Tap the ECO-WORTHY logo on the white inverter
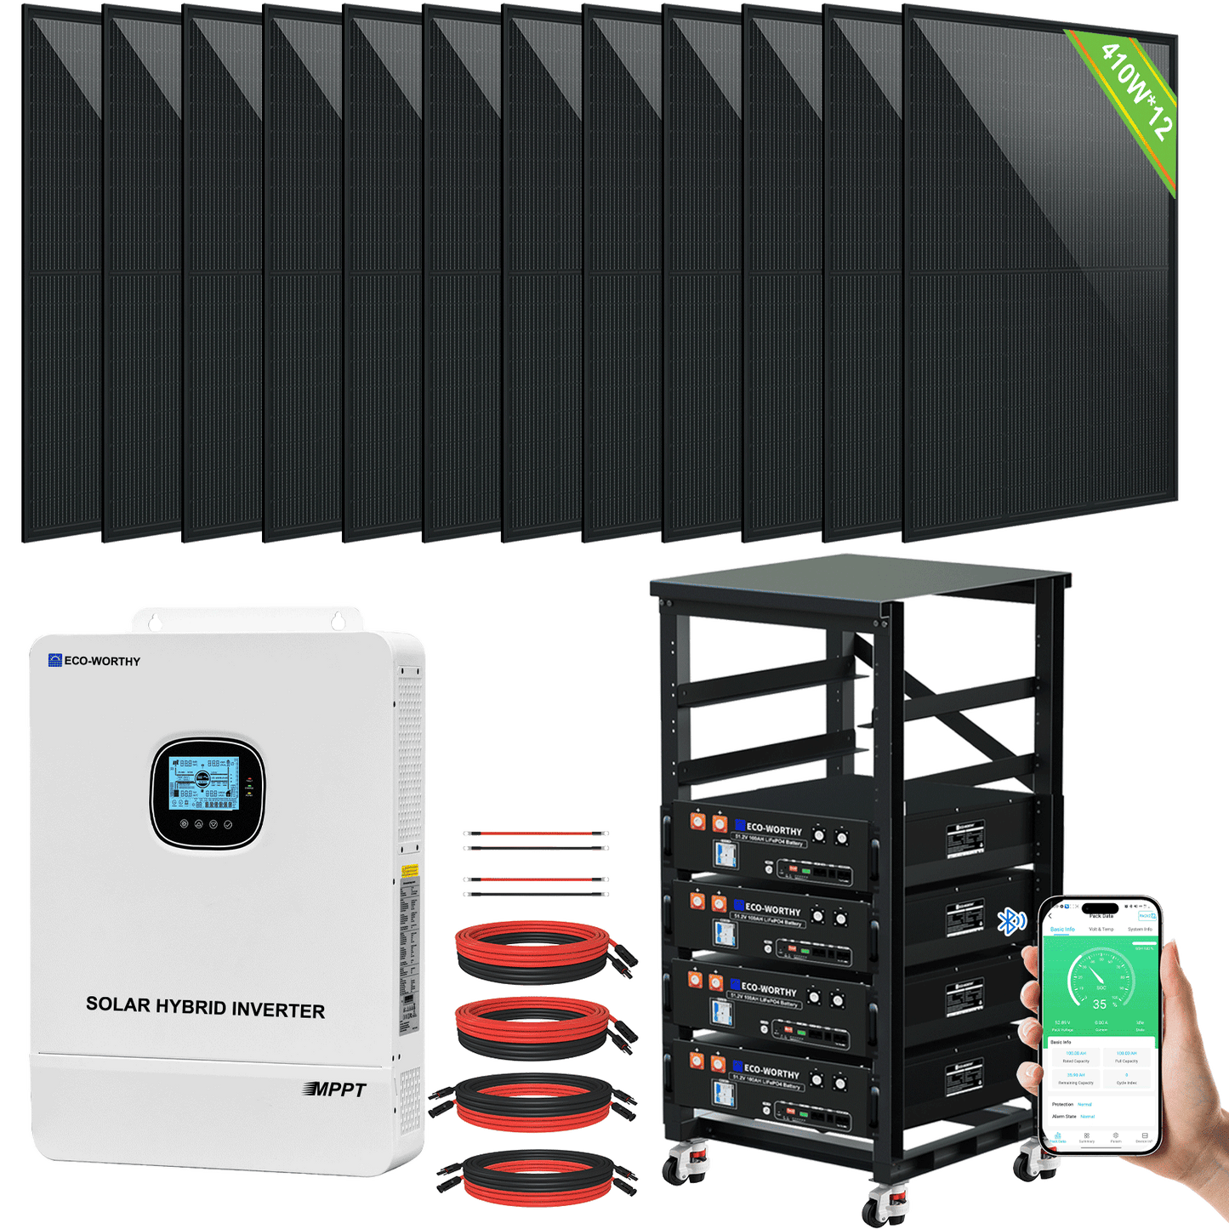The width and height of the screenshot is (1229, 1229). [94, 661]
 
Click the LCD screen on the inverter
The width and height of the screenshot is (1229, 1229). [203, 783]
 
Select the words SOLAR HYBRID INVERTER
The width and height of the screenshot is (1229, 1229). [205, 1007]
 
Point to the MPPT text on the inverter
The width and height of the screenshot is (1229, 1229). [335, 1090]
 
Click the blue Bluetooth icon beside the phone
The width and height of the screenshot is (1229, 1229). [1010, 920]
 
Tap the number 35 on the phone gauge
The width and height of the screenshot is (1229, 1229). [1100, 1004]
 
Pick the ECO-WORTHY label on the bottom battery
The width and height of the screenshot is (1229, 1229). [771, 1071]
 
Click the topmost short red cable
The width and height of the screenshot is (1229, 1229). [536, 834]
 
